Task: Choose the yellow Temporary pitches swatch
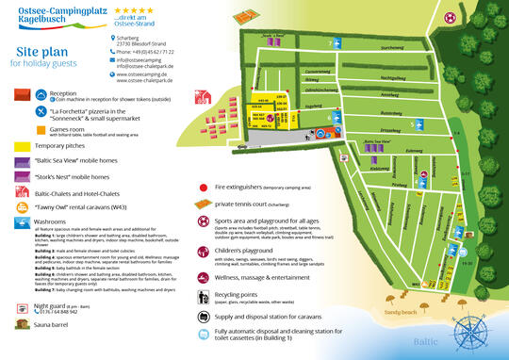(x=21, y=147)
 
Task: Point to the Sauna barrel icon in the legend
(x=21, y=324)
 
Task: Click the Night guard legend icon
(x=21, y=307)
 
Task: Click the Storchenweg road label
(x=365, y=46)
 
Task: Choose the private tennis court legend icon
(x=205, y=203)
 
